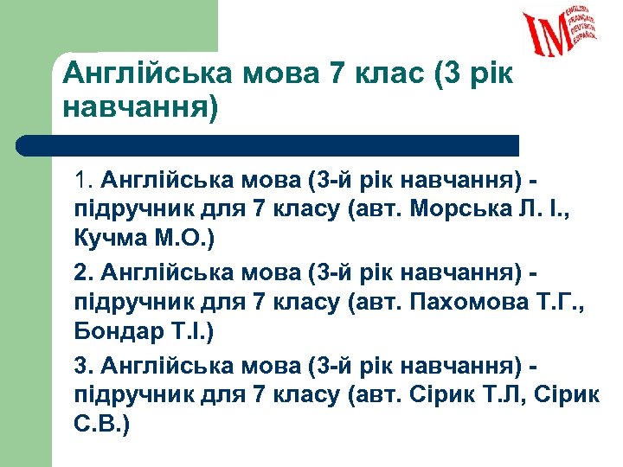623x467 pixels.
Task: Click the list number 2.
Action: pos(82,273)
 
